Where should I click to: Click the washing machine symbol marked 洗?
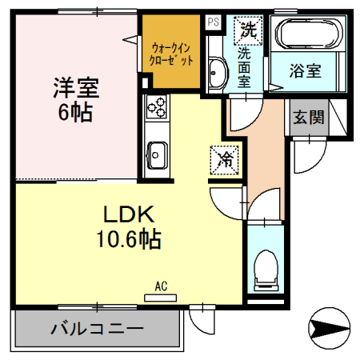coord(246,32)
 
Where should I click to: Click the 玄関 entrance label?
coord(308,118)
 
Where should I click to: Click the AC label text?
coord(160,286)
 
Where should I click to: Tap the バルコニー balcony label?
coord(97,328)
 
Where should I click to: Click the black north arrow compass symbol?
coord(328,326)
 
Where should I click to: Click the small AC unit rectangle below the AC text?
coord(160,297)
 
